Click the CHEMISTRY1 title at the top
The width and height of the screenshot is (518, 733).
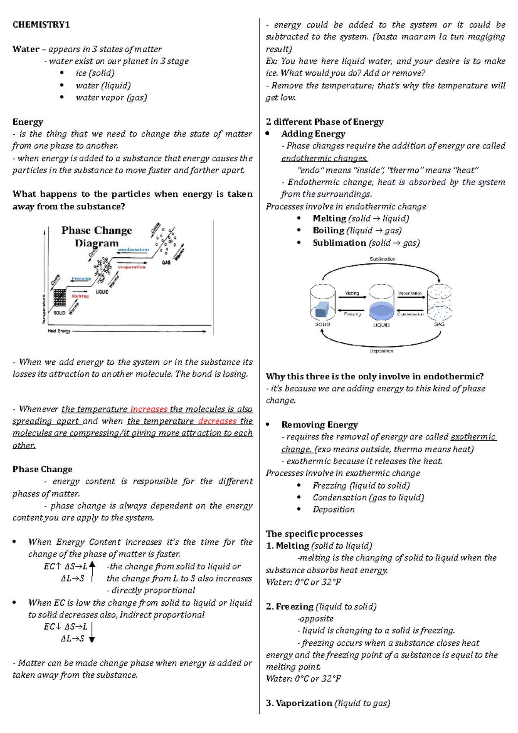(x=41, y=25)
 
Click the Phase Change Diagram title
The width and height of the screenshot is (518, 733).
(x=96, y=237)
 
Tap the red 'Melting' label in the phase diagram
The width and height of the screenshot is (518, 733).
(x=80, y=296)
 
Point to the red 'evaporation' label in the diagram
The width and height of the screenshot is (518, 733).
(x=132, y=267)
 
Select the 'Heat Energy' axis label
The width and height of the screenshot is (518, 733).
(x=59, y=331)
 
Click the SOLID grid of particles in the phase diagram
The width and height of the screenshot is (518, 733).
(x=60, y=298)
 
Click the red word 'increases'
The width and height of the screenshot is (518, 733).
(x=148, y=409)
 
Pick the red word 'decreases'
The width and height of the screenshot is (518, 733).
(x=217, y=421)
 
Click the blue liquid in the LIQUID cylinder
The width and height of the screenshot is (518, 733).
(x=381, y=311)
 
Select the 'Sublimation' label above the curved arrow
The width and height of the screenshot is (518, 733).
(x=382, y=259)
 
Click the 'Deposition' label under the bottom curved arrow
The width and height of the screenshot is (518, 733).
(x=381, y=351)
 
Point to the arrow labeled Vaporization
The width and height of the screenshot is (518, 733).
(x=410, y=297)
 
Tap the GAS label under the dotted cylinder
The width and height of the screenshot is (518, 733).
(x=439, y=324)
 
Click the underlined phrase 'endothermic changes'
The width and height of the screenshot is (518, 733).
(x=324, y=158)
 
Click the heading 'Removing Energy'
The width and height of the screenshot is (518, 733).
(x=319, y=425)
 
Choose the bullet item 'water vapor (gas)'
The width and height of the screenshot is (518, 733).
(x=111, y=98)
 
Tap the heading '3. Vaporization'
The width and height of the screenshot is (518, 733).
(x=299, y=703)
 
